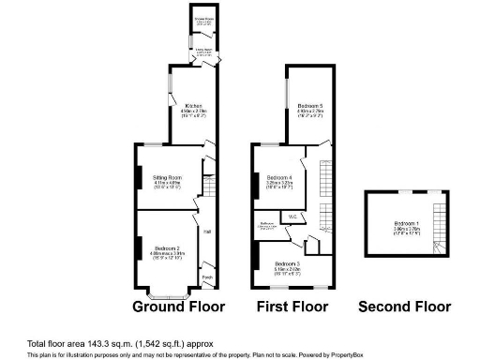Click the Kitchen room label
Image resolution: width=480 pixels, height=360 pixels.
pos(193,106)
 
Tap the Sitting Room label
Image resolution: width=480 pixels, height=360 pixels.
pos(168,176)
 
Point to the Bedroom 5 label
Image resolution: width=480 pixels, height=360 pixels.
pos(310,106)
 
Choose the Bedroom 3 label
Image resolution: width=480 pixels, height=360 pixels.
pos(288,264)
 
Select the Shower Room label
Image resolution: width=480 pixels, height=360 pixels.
pos(202,18)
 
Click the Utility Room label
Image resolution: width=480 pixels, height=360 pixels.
pos(202,51)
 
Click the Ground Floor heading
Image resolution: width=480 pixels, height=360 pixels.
pos(178,307)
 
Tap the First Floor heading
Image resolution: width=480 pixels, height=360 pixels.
pos(292,307)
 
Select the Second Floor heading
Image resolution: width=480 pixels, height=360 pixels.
pos(405,307)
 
